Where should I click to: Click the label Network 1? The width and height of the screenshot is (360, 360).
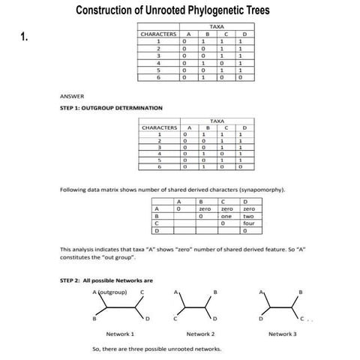point(120,333)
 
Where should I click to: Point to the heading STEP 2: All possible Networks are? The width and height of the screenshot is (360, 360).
point(100,280)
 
